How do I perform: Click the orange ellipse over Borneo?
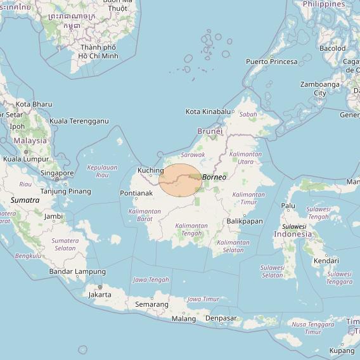[181, 179]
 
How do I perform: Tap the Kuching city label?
[151, 170]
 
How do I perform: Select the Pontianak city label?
[136, 193]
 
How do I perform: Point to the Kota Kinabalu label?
[208, 112]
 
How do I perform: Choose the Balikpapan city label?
[244, 221]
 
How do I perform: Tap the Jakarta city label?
[100, 295]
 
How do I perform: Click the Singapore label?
[57, 173]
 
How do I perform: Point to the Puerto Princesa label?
[271, 61]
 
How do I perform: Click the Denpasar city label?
[221, 318]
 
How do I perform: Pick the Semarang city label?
[152, 304]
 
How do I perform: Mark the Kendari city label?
[326, 260]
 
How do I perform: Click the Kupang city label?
[342, 350]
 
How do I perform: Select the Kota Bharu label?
[34, 104]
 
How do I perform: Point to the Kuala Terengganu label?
[79, 121]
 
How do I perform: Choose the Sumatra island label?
[25, 200]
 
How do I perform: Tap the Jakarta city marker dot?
[100, 287]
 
